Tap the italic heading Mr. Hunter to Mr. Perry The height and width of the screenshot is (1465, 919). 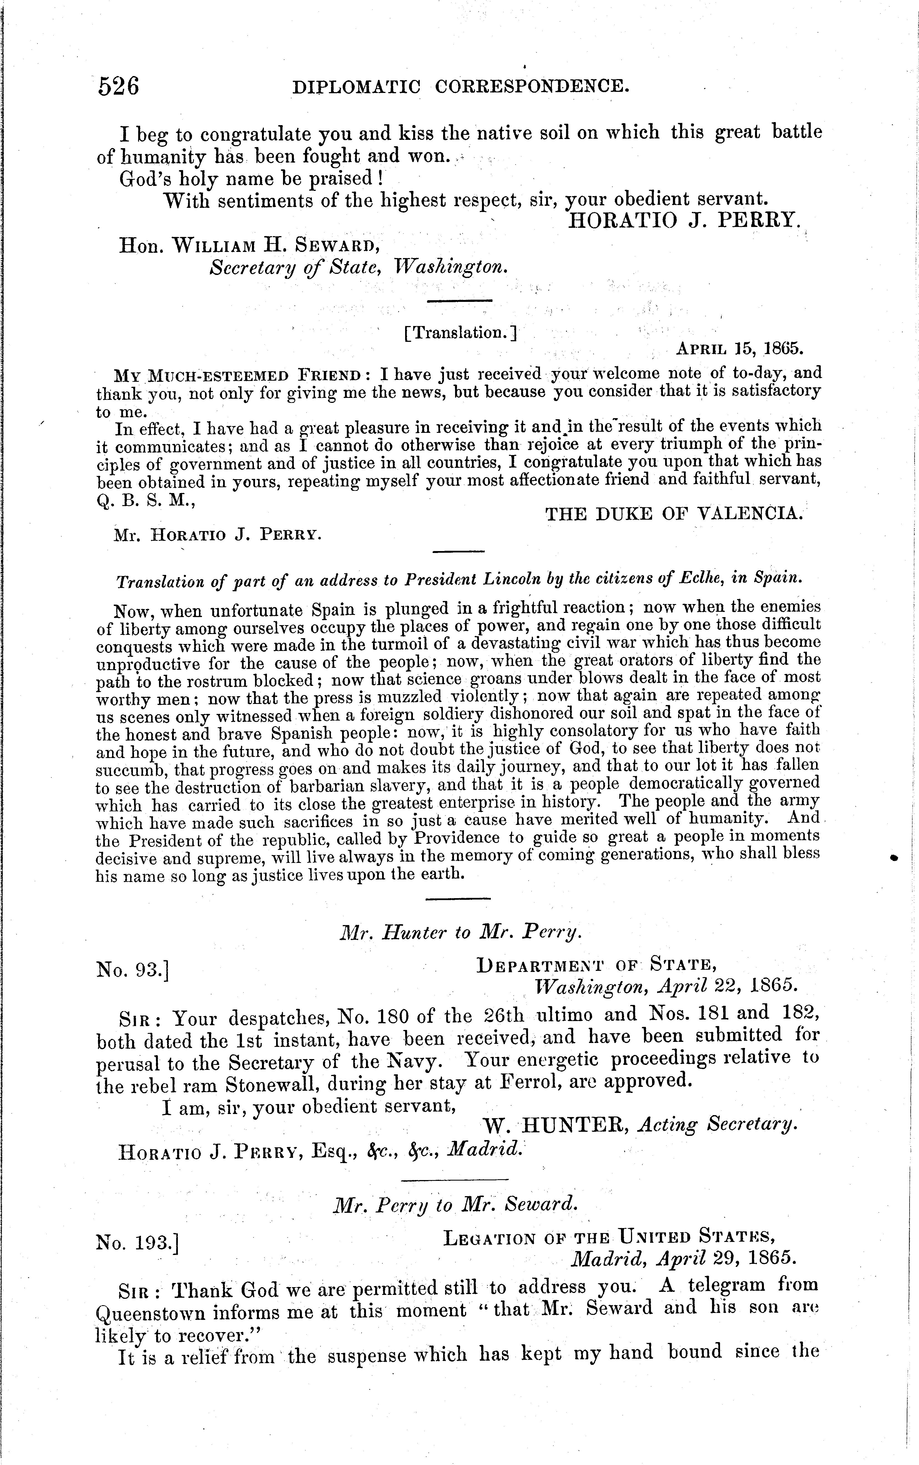click(x=460, y=933)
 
